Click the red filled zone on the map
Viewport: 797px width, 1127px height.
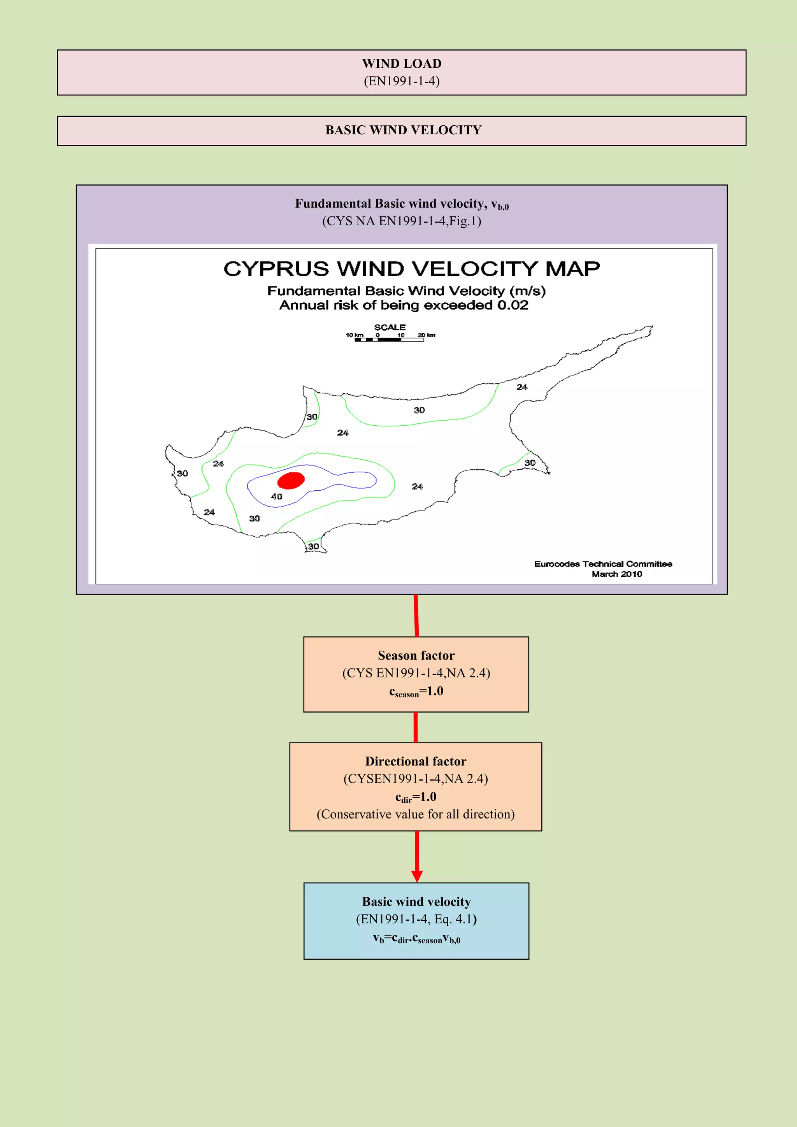(291, 480)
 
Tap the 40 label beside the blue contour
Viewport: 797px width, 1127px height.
(277, 496)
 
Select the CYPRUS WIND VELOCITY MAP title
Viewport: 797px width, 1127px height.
(411, 269)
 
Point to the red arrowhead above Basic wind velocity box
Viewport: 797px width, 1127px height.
(417, 876)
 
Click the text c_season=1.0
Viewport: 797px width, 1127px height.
(416, 692)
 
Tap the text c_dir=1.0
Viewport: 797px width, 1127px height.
(416, 797)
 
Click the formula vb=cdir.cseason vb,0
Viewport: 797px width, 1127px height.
(416, 939)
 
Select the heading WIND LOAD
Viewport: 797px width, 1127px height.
(402, 64)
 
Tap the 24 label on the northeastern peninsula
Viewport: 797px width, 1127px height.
(522, 387)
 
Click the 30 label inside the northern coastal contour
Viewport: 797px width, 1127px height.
(419, 410)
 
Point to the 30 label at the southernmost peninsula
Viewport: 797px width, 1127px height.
(314, 546)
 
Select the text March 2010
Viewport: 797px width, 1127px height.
(616, 574)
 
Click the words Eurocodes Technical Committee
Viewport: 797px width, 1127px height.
(603, 564)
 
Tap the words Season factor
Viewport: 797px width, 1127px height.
(416, 656)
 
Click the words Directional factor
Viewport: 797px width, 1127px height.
(416, 761)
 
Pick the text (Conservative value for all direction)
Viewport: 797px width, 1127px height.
(416, 815)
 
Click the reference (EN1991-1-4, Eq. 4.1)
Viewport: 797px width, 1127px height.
(416, 919)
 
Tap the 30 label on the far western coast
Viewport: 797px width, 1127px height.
(182, 473)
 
